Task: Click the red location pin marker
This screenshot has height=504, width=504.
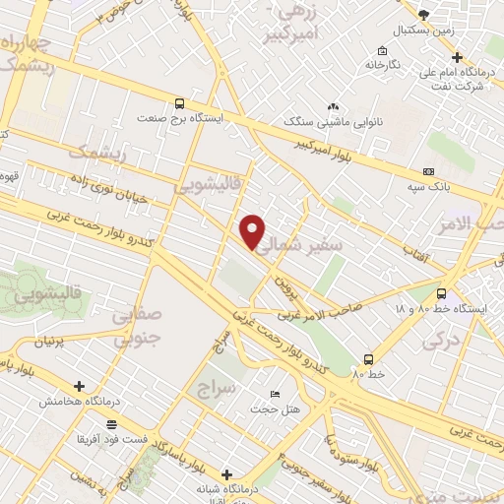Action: [253, 231]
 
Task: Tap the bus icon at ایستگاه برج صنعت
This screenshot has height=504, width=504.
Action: [179, 102]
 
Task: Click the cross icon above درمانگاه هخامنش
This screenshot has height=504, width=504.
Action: [79, 387]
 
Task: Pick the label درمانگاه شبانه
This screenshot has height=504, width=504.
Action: [227, 489]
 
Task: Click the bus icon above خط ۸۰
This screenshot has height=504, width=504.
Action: [368, 359]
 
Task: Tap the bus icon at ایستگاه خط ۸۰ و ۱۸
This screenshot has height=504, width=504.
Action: [440, 293]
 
